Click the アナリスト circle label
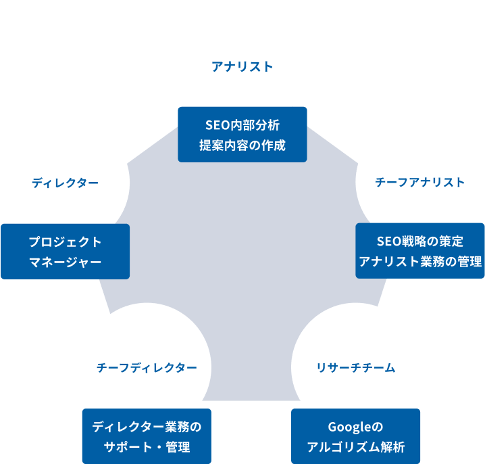click(x=242, y=66)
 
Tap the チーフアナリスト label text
click(x=419, y=182)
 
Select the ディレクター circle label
click(x=65, y=183)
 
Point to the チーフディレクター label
click(x=147, y=367)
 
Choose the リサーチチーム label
click(x=355, y=367)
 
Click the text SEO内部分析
click(x=242, y=125)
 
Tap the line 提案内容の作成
click(x=242, y=145)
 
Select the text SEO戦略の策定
click(x=420, y=241)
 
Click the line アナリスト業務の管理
click(x=420, y=261)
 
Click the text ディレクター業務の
click(x=147, y=427)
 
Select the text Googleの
click(x=355, y=427)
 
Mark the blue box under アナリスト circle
click(x=242, y=134)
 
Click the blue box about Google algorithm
click(x=355, y=436)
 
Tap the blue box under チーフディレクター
click(x=147, y=436)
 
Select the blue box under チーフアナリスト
click(x=420, y=251)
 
